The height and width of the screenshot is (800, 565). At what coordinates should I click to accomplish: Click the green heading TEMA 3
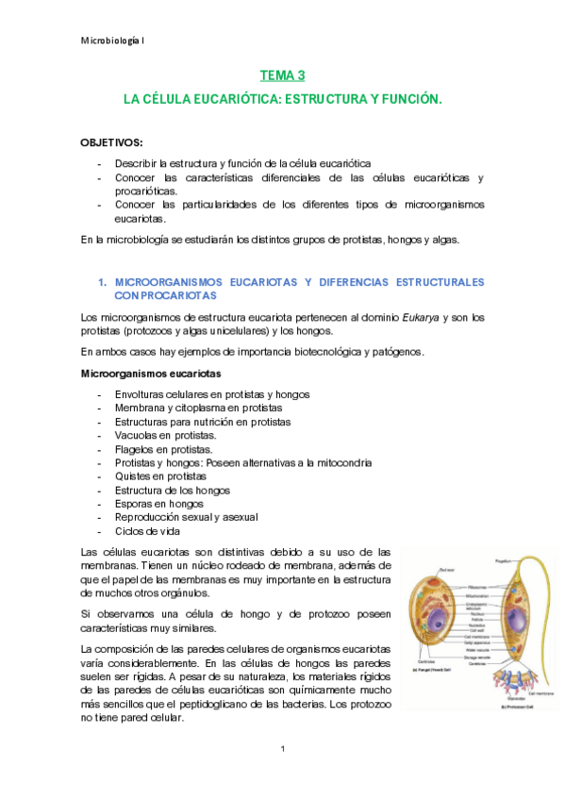tap(282, 75)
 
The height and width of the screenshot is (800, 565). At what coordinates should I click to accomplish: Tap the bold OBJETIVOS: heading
tap(112, 142)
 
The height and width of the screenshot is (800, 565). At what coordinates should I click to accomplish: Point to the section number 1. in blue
tap(104, 282)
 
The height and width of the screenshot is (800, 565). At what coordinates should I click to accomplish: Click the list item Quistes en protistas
tap(159, 476)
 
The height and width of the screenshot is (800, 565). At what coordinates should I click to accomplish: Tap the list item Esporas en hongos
tap(158, 504)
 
